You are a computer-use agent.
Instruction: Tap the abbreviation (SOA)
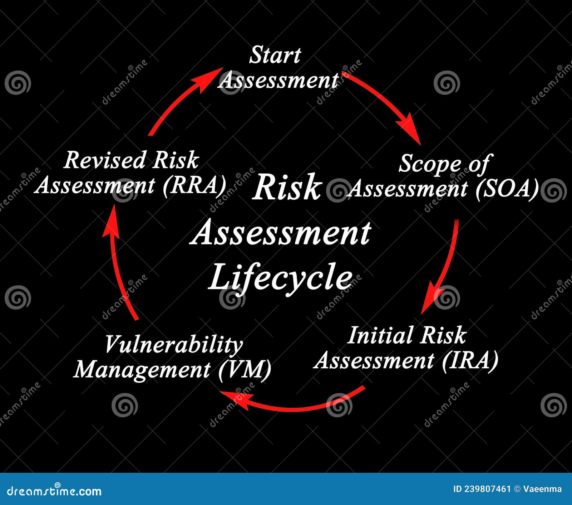point(507,189)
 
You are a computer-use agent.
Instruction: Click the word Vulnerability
point(174,345)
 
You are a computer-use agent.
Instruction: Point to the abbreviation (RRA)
point(194,185)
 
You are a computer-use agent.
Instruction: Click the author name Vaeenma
point(542,489)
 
